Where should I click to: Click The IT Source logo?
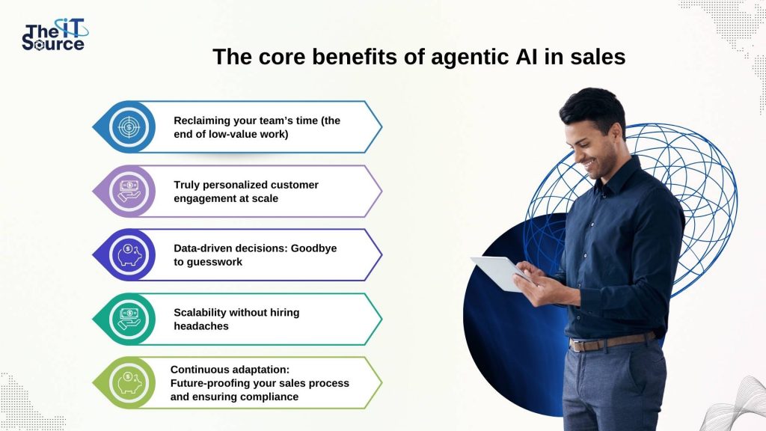click(x=55, y=34)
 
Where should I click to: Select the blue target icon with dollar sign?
click(x=129, y=127)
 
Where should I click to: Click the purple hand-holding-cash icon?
click(x=129, y=191)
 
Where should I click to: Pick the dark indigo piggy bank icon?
click(x=129, y=254)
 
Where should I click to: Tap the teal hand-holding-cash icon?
click(x=129, y=319)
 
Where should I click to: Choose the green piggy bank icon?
click(x=129, y=383)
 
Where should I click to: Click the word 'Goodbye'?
click(x=313, y=248)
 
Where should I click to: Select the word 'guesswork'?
click(x=215, y=263)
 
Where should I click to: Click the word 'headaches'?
click(x=201, y=326)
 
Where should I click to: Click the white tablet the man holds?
click(x=500, y=272)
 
